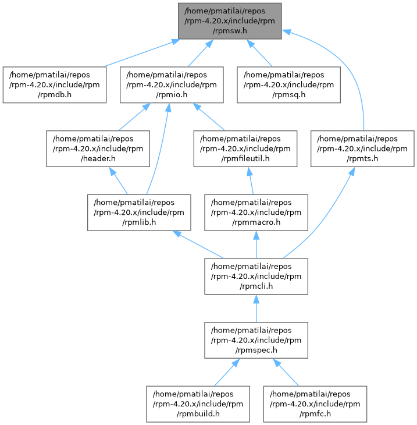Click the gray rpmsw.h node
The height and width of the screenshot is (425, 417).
[230, 21]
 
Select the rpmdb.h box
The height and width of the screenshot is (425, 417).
[55, 84]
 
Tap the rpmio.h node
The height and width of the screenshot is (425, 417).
[172, 84]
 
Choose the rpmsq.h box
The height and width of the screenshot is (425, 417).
[288, 84]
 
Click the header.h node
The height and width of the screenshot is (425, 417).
[98, 148]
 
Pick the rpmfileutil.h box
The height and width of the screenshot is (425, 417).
[245, 148]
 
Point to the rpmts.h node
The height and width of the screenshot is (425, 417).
[362, 148]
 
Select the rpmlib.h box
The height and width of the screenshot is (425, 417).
[139, 212]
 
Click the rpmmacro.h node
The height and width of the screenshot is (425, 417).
[256, 212]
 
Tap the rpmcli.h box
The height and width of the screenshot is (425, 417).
[256, 276]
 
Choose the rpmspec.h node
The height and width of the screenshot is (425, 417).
[256, 340]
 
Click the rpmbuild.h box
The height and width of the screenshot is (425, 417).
[198, 404]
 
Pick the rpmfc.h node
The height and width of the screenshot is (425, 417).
[315, 404]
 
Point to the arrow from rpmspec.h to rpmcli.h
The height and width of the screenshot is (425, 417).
[256, 309]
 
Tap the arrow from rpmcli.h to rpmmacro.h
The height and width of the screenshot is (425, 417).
[256, 245]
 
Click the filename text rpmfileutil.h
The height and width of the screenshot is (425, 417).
[245, 158]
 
